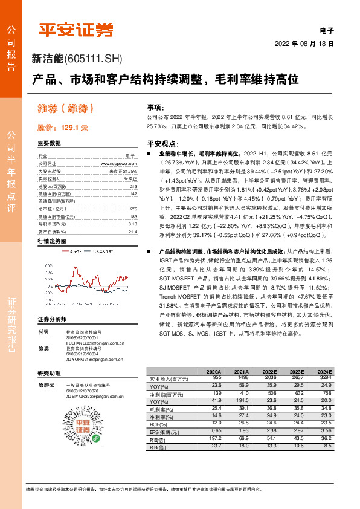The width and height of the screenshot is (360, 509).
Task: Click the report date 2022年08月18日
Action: (x=304, y=44)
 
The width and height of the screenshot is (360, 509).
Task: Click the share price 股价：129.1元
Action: (x=63, y=128)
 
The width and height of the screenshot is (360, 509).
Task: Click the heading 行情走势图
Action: (x=51, y=241)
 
